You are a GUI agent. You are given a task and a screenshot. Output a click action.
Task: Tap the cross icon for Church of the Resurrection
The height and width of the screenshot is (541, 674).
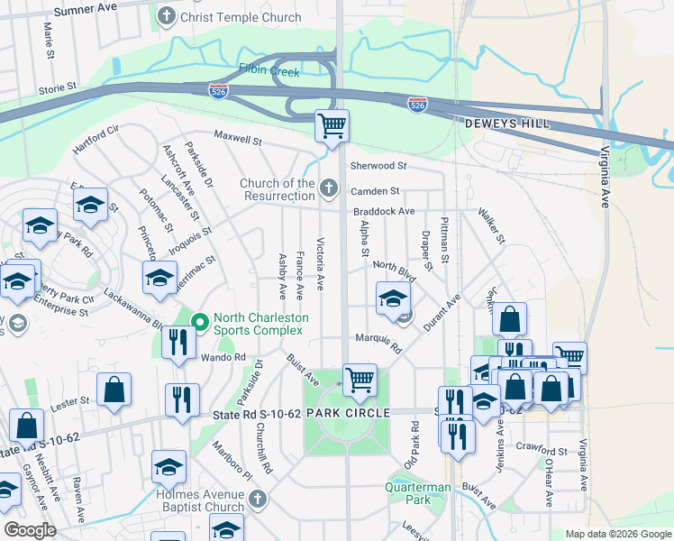329,188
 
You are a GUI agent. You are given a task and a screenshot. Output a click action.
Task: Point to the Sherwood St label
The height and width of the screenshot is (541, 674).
378,166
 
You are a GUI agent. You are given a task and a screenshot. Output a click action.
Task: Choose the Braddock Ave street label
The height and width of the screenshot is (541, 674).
382,211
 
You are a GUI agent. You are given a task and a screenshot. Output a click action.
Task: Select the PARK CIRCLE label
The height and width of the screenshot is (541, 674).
348,412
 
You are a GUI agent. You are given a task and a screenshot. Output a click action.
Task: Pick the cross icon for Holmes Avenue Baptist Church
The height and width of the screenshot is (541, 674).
258,499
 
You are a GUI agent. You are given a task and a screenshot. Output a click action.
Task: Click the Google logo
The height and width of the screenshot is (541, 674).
29,529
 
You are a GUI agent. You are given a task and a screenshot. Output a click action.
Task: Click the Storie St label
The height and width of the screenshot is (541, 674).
59,90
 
